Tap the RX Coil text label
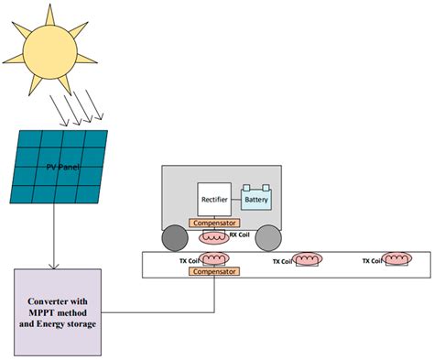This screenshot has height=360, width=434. tap(239, 234)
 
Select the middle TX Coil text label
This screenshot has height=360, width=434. tap(283, 261)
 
